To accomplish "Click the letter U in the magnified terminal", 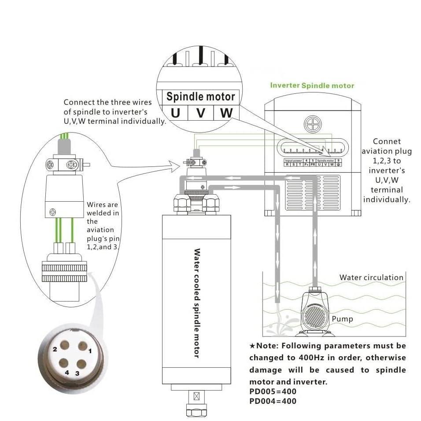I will point(175,113).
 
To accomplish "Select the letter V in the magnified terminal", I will point(201,113).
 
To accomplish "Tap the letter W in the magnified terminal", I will point(226,113).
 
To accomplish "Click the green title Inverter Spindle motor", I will point(312,85).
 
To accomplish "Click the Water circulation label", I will point(371,278).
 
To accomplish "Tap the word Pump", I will point(342,319).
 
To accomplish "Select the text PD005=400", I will point(273,391).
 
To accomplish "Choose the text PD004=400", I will point(273,401).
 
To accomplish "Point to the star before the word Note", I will point(252,346).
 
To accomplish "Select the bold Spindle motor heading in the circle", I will point(200,96).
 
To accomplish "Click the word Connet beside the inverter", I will point(387,141).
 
